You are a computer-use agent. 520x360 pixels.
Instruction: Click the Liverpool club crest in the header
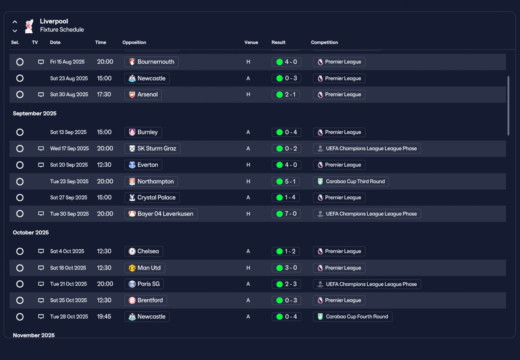29,26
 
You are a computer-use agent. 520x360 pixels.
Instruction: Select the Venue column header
251,42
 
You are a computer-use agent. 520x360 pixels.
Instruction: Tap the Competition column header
324,42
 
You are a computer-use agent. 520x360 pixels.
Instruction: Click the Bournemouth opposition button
152,62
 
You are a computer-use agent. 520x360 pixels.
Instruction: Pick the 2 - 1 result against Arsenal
286,95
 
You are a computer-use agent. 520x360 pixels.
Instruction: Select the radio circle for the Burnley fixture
20,132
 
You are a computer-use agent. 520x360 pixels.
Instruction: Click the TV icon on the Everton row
41,165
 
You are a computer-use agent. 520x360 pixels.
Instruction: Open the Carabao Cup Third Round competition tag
351,181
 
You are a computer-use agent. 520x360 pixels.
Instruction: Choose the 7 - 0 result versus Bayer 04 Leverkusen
286,214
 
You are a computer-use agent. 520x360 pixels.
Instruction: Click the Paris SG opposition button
144,284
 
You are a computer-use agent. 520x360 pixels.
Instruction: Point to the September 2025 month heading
35,113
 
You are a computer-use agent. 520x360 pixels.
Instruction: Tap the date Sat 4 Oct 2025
67,251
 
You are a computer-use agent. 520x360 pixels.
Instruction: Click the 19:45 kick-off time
104,317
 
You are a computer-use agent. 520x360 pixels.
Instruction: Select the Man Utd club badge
132,268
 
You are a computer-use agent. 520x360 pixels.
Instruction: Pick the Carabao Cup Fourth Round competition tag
353,317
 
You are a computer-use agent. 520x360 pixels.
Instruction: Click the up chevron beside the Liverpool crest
15,22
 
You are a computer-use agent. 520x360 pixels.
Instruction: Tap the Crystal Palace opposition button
152,197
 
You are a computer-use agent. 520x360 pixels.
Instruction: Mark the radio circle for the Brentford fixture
20,300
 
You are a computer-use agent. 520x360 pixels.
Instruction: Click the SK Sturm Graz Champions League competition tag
367,148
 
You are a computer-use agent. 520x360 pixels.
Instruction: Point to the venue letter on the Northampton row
248,181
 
